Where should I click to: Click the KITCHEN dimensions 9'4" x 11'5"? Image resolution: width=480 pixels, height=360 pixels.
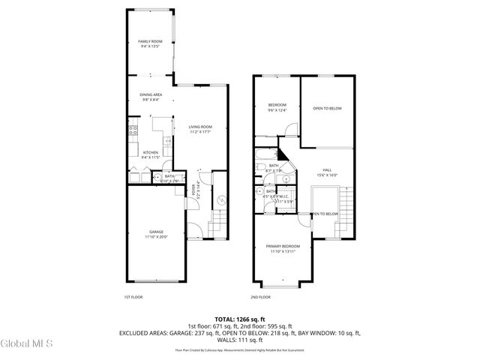(150, 158)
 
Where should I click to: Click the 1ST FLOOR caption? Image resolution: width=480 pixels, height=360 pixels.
(133, 297)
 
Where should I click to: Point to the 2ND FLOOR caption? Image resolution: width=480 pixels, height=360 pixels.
(262, 297)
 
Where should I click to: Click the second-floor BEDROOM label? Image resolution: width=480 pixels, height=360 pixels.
(277, 107)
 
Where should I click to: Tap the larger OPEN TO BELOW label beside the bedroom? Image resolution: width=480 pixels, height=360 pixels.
(327, 109)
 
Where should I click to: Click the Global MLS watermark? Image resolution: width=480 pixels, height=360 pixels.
(26, 343)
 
